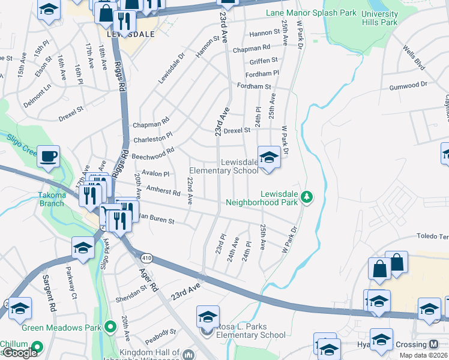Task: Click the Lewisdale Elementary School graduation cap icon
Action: (x=269, y=157)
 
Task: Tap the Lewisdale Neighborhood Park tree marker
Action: (x=307, y=197)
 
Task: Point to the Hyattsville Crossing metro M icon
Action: (x=434, y=344)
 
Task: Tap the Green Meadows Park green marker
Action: (x=110, y=327)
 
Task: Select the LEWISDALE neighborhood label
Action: (x=130, y=34)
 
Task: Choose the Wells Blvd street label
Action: (x=414, y=56)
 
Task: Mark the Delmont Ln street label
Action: (x=38, y=98)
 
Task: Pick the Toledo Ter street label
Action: (x=434, y=237)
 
